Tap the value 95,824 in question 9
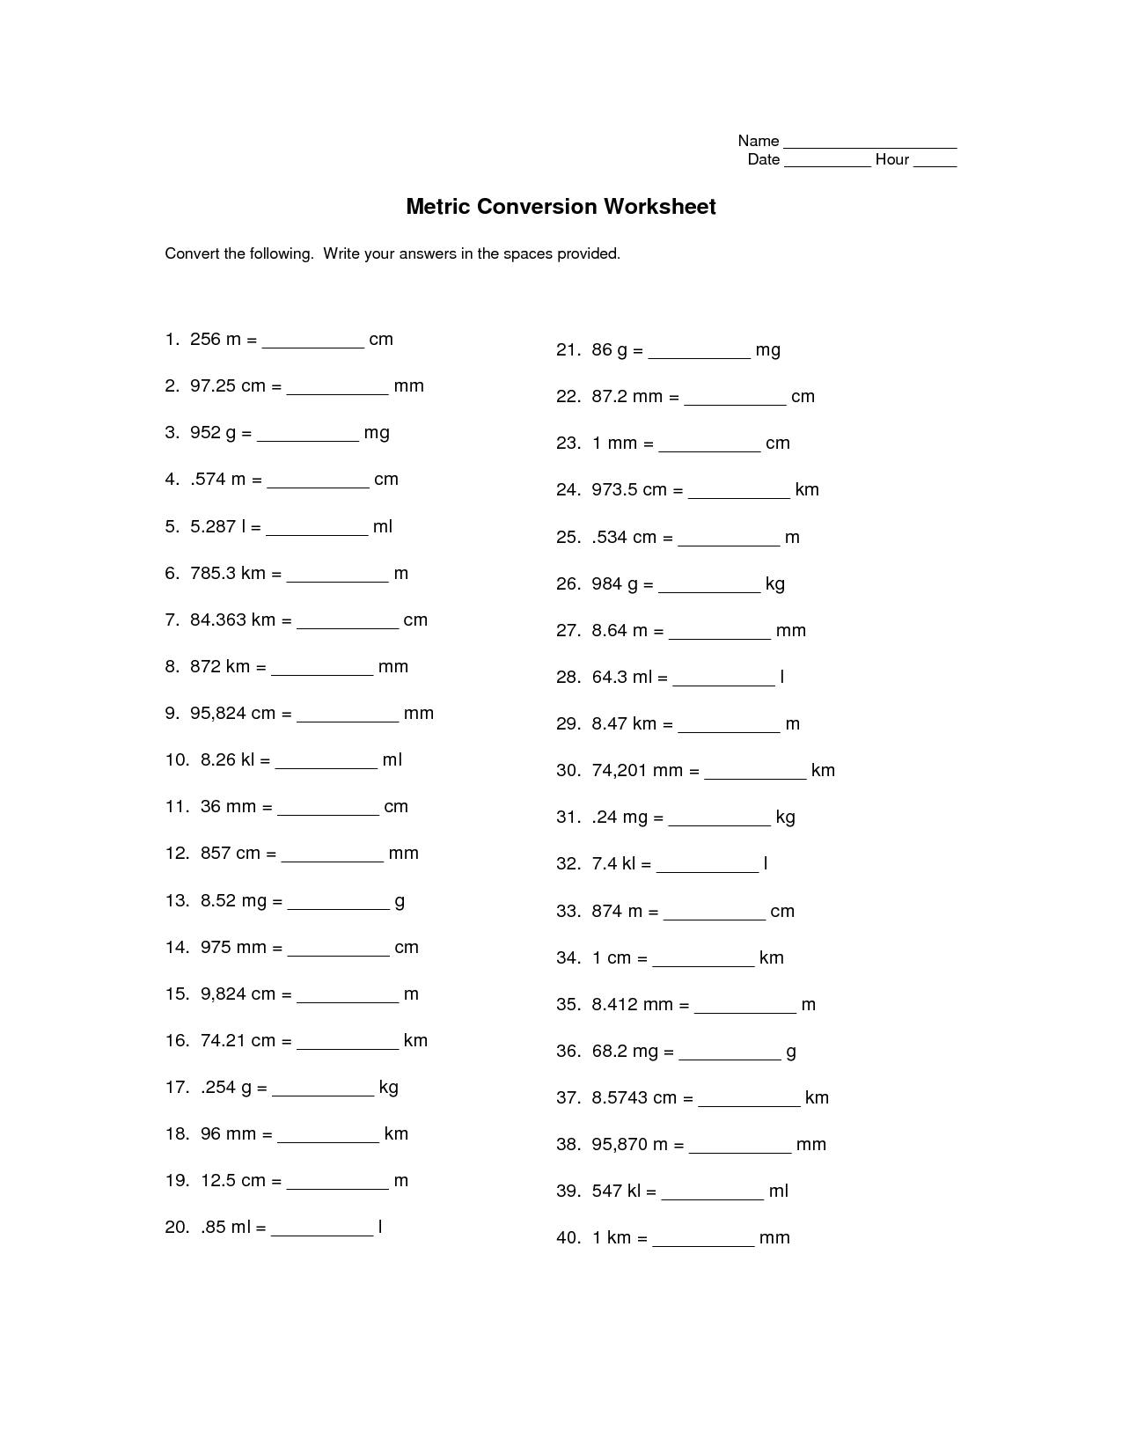point(218,714)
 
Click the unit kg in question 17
point(389,1088)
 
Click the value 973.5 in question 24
point(614,490)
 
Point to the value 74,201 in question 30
point(620,771)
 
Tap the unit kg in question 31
point(785,818)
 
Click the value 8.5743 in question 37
point(620,1098)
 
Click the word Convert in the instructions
point(192,254)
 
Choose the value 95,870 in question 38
point(620,1145)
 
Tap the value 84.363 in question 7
point(218,620)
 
